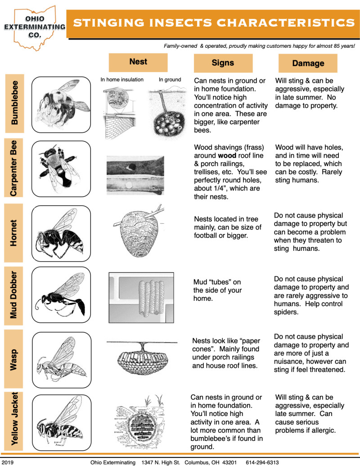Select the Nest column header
tap(138, 62)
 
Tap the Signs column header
tap(222, 63)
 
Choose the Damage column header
tap(308, 63)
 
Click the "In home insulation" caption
tap(122, 80)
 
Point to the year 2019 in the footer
tap(8, 462)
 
